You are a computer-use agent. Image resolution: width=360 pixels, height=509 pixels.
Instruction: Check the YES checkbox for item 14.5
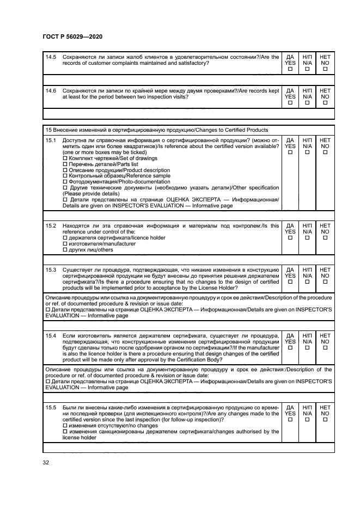click(x=290, y=70)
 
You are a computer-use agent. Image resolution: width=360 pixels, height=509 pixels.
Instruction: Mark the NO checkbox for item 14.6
click(x=325, y=103)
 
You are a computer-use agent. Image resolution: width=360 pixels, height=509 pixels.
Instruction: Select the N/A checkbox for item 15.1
click(x=308, y=153)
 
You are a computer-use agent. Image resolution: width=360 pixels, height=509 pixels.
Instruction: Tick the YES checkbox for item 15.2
click(x=290, y=238)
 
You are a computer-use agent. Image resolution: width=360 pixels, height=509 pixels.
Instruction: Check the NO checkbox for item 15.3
click(x=325, y=282)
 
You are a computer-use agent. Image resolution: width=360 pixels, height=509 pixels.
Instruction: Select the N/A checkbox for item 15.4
click(x=308, y=347)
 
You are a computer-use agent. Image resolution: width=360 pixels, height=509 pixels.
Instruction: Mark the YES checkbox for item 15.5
click(x=290, y=420)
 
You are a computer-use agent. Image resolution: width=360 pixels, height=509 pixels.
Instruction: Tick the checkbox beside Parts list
click(x=65, y=164)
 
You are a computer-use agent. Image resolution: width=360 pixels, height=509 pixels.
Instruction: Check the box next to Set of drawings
click(x=65, y=158)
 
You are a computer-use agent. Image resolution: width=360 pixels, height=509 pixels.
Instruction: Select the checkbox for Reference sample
click(x=65, y=176)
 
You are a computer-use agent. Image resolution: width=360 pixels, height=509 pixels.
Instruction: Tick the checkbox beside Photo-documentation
click(x=65, y=182)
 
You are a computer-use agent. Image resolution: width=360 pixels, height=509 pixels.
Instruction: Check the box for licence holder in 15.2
click(x=65, y=238)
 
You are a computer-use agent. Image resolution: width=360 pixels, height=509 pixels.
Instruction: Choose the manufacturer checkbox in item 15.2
click(x=65, y=244)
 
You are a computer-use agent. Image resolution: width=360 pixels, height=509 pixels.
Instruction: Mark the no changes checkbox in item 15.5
click(x=65, y=425)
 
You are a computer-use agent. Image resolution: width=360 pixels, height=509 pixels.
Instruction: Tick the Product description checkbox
click(x=65, y=170)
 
